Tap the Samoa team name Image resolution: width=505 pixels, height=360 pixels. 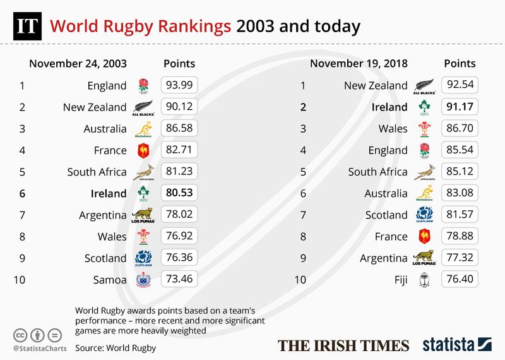click(x=111, y=279)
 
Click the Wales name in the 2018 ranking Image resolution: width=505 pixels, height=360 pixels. click(x=392, y=128)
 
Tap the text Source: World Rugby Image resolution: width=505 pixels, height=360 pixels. click(x=116, y=347)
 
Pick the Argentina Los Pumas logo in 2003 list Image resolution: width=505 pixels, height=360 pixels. click(x=145, y=214)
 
